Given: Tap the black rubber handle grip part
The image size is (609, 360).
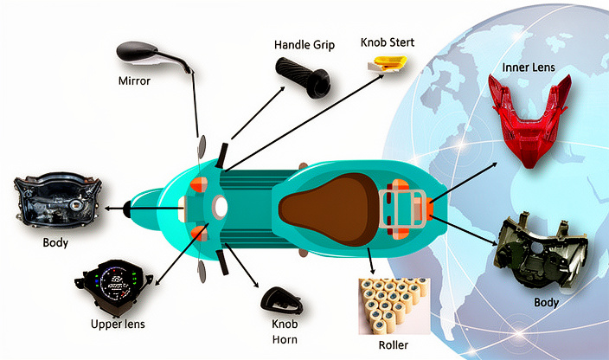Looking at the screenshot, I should point(304,76).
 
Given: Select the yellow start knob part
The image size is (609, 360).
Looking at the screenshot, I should point(387,61).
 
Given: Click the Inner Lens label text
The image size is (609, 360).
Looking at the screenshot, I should point(528,67).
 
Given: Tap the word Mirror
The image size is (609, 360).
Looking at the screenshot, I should point(134,82).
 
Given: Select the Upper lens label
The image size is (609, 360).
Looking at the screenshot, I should point(118,324).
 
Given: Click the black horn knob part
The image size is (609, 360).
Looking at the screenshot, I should point(282,300).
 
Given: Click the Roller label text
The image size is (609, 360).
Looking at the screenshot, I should point(395,345).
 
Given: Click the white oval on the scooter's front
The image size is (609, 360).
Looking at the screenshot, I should point(220,207).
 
